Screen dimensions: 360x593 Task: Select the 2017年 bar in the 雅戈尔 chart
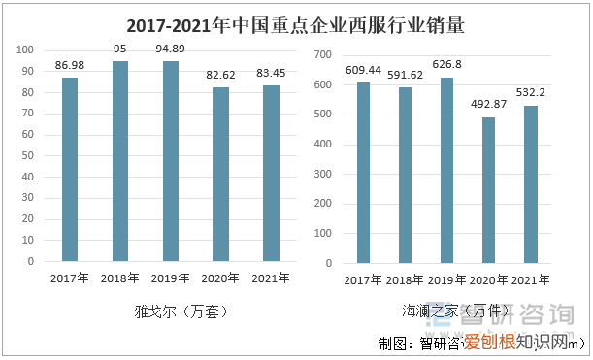(70, 169)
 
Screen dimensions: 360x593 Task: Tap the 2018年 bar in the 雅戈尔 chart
(120, 161)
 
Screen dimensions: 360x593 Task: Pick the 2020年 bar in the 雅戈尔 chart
(220, 174)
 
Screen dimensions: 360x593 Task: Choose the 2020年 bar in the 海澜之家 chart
(488, 189)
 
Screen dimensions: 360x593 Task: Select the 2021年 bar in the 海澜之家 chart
(531, 183)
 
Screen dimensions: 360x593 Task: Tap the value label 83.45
(271, 73)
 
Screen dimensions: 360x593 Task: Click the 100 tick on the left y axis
(24, 50)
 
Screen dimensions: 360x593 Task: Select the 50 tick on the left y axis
(27, 156)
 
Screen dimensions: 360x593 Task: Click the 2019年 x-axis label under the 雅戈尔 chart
(171, 278)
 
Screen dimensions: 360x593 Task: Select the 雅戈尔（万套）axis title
(170, 312)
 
